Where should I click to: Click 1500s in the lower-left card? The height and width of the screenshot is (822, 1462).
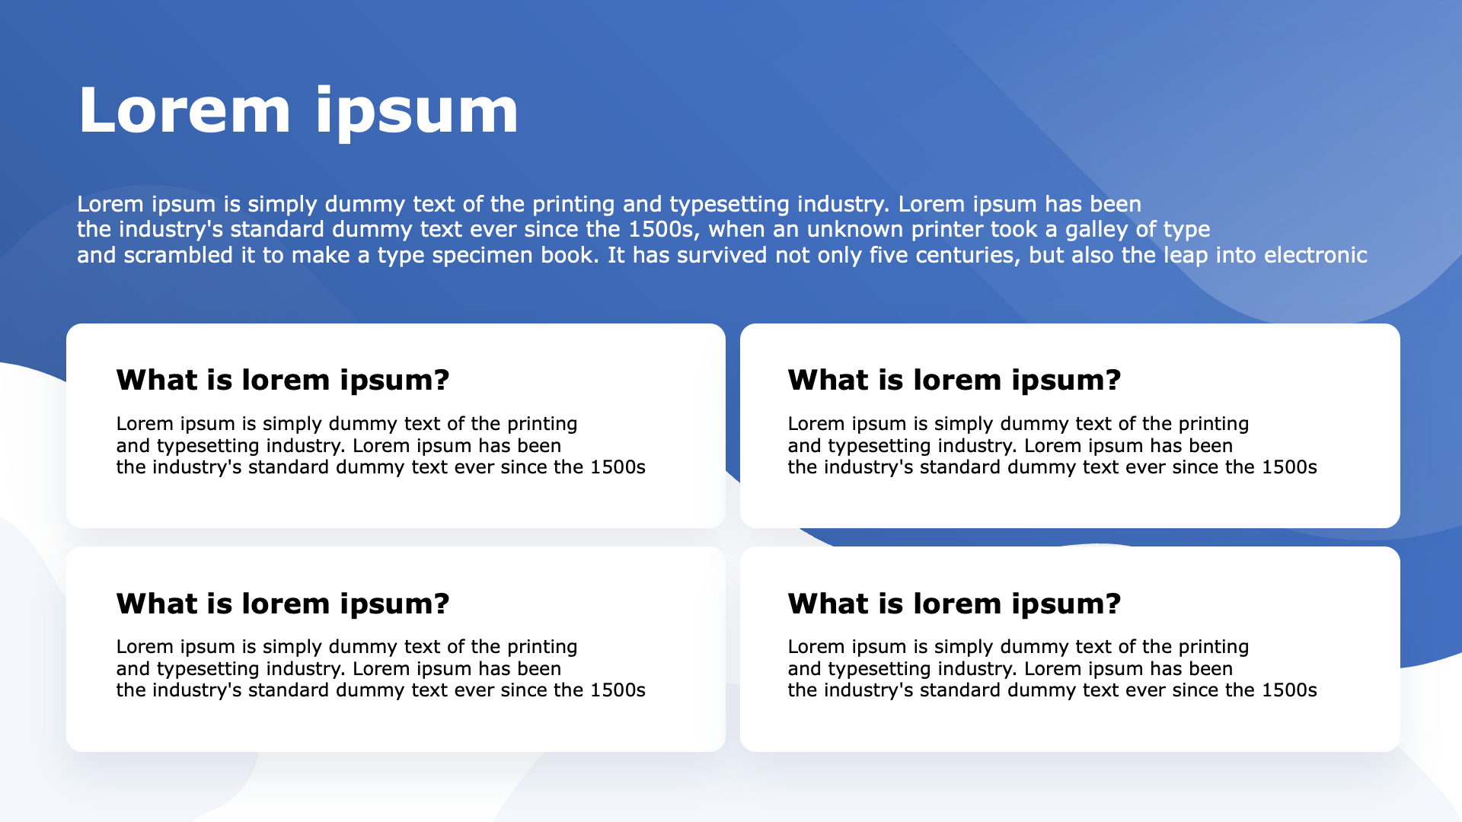(x=618, y=690)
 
